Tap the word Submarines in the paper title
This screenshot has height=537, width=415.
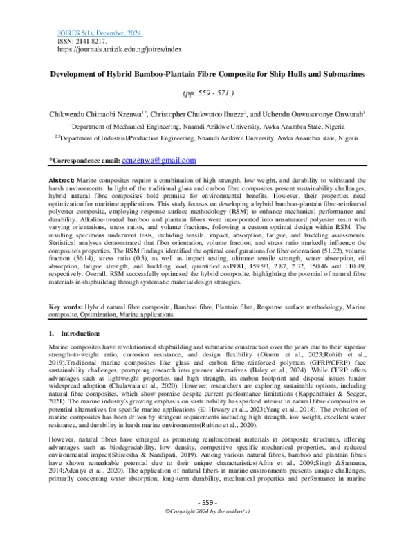point(342,73)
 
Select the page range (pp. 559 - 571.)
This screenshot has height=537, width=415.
point(207,91)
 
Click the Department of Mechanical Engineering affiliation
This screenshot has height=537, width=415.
point(207,127)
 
